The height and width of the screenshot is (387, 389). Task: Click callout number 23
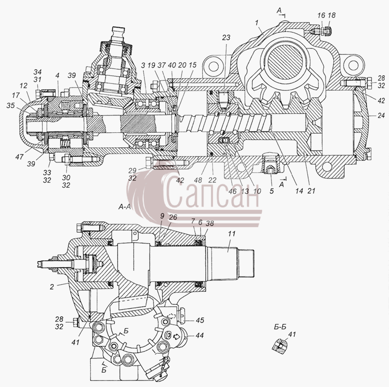(226, 38)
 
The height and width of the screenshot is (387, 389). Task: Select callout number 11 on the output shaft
(231, 234)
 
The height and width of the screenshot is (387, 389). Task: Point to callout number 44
(199, 336)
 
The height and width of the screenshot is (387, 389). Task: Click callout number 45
(200, 320)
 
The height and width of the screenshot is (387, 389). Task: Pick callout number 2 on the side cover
(51, 287)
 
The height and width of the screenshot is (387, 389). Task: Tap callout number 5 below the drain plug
(272, 191)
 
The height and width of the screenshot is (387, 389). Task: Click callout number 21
(311, 191)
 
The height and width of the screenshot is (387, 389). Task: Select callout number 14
(299, 191)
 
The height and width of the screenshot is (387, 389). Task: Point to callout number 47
(19, 157)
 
